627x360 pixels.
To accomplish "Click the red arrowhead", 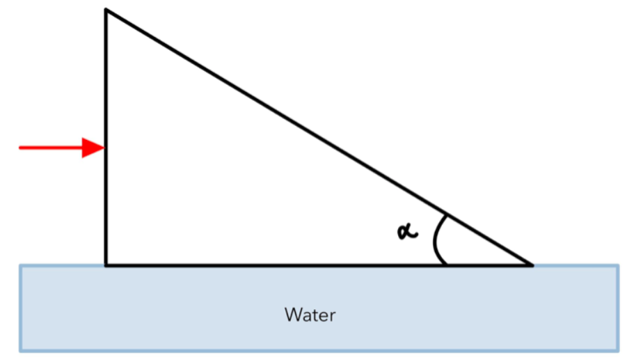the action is [x=93, y=148].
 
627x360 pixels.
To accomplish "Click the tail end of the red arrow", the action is [x=21, y=148].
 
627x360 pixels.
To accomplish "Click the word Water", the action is [x=310, y=315].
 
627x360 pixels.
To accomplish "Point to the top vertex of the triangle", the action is [x=106, y=10].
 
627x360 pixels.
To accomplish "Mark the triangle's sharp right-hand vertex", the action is [x=532, y=265].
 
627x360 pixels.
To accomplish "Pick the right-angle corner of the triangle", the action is [x=106, y=265].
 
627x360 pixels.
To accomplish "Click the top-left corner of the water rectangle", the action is [x=20, y=265].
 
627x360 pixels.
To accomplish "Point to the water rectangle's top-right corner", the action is [x=618, y=265].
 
